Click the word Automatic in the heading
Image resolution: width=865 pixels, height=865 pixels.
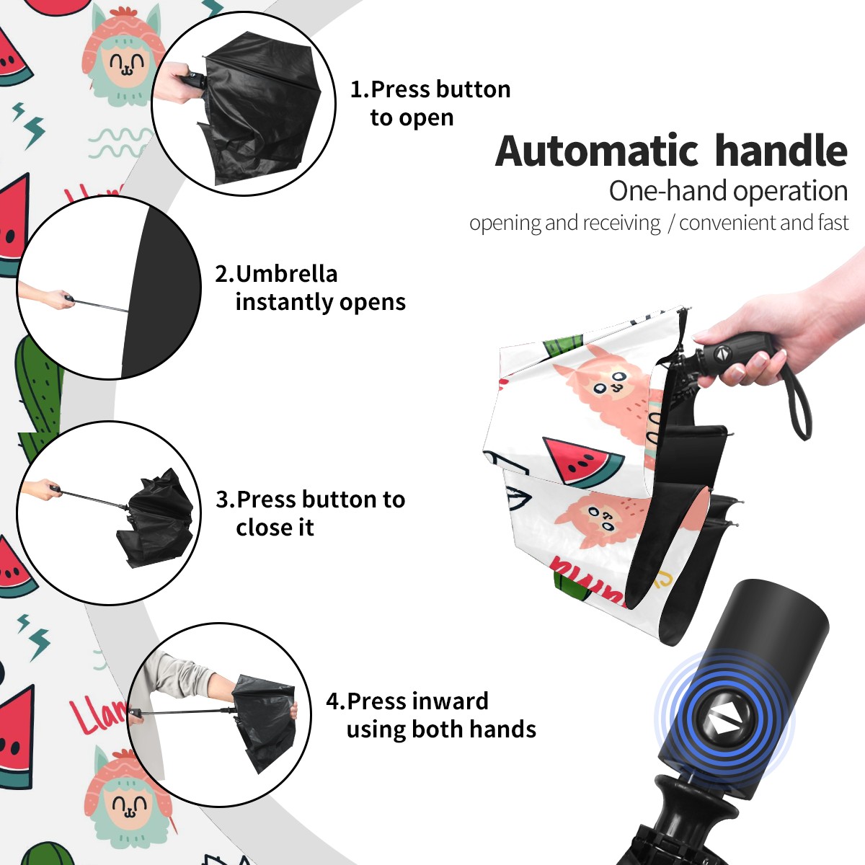pyautogui.click(x=597, y=151)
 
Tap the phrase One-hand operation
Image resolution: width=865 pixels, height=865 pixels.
pyautogui.click(x=728, y=191)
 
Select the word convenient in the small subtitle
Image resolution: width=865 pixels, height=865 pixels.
pyautogui.click(x=727, y=223)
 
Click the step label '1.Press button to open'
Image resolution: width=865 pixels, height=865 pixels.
pyautogui.click(x=430, y=104)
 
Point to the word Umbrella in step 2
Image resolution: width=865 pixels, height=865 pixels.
pyautogui.click(x=287, y=274)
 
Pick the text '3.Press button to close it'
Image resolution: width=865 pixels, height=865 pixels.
pyautogui.click(x=310, y=513)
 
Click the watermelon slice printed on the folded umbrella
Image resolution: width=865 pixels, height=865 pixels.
pyautogui.click(x=582, y=461)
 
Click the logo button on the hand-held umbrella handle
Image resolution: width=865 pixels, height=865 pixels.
pyautogui.click(x=722, y=353)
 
